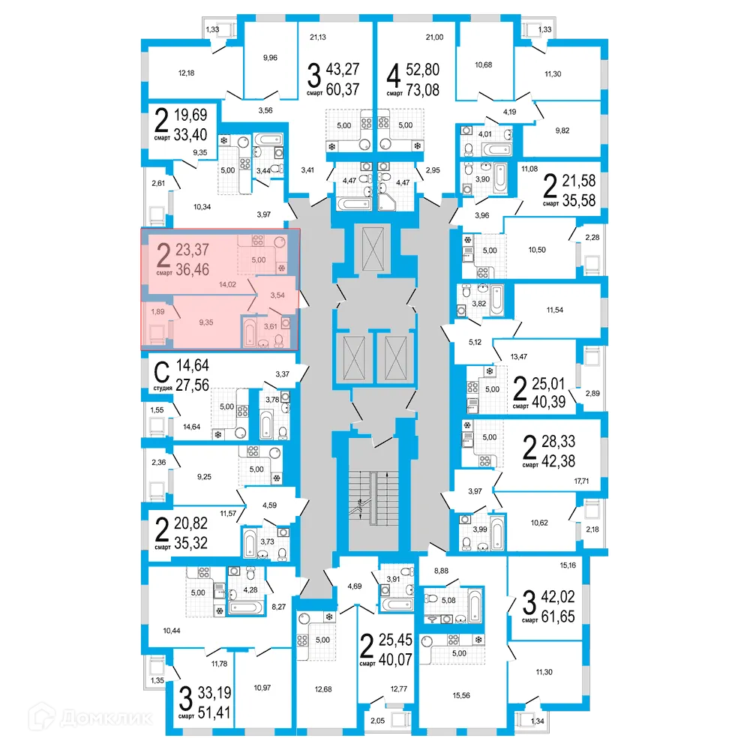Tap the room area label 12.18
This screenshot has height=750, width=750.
point(186,73)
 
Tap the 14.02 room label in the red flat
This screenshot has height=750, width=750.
point(228,285)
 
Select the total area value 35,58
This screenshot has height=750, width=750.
point(580,202)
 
